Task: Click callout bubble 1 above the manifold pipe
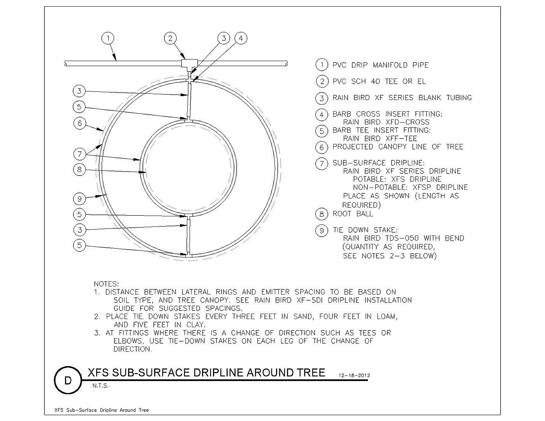108,39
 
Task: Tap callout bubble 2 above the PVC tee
170,39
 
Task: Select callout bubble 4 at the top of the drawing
241,39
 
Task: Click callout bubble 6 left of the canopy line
80,123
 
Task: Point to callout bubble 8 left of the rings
79,170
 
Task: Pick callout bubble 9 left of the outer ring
79,199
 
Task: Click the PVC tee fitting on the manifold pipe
189,65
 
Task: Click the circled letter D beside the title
68,381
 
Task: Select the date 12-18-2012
354,375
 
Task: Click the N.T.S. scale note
100,386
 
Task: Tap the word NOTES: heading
106,284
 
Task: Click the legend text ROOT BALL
353,214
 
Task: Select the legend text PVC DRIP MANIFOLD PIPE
380,65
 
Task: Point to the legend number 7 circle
322,164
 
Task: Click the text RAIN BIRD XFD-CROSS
386,122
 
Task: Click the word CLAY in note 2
196,325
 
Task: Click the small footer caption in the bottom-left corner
102,410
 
